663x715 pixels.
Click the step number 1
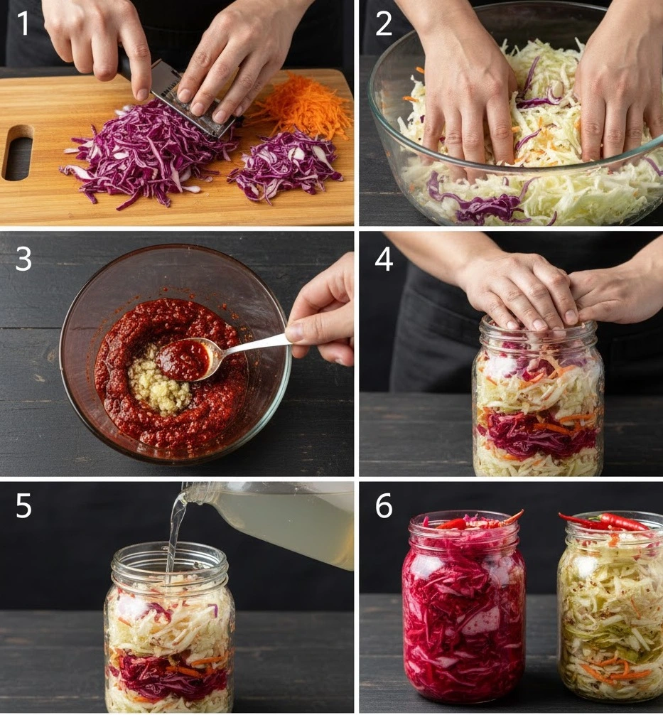pos(22,23)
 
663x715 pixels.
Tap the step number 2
pos(384,23)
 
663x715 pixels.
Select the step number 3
pos(23,259)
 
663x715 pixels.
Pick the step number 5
pos(23,505)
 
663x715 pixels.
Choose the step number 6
pos(384,505)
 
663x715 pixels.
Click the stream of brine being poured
pos(174,538)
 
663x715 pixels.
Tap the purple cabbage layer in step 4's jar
pos(538,433)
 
